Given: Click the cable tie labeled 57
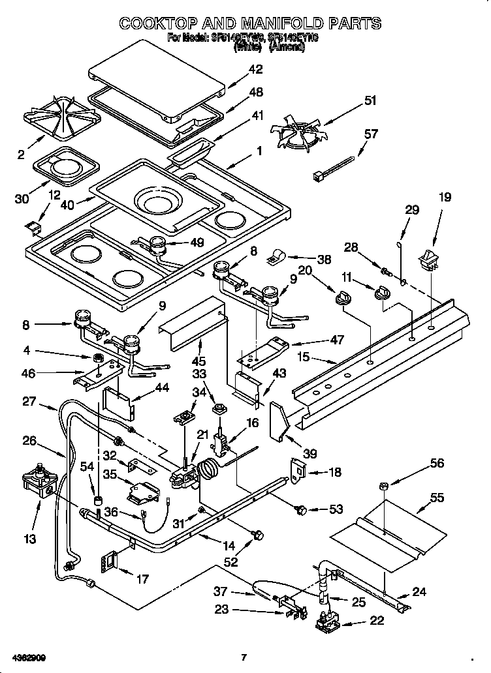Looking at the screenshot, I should pos(333,166).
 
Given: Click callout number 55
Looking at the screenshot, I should pos(437,498).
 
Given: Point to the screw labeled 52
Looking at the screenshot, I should pos(257,536).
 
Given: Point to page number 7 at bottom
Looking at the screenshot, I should pos(244,657).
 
